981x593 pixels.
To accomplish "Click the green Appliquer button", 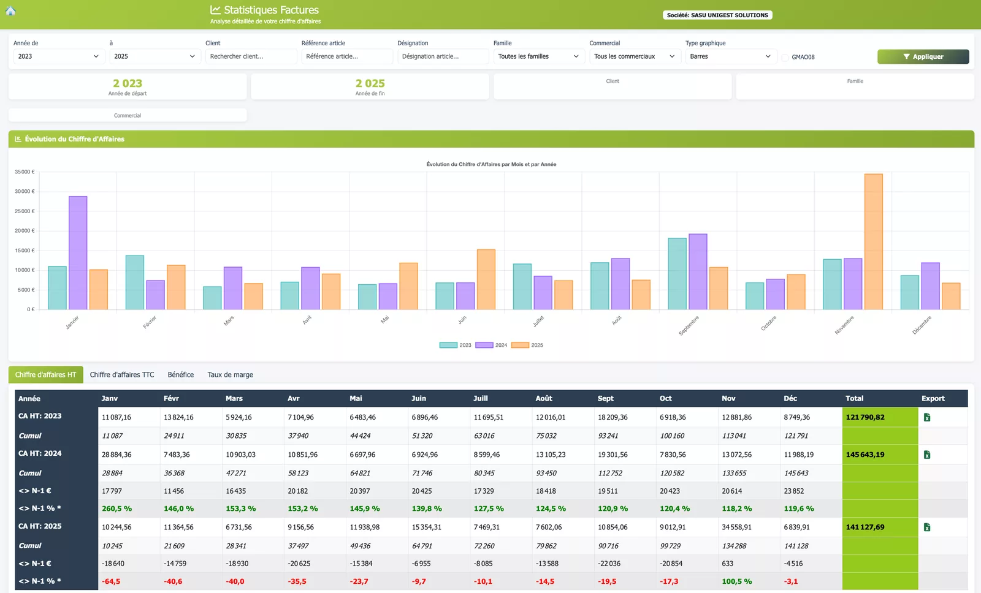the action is click(923, 56).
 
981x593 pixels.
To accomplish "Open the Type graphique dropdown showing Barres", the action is click(730, 56).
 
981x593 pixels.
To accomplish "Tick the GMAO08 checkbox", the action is click(785, 58).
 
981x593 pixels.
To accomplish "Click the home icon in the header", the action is click(10, 10).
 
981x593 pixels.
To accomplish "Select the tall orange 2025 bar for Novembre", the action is click(873, 241).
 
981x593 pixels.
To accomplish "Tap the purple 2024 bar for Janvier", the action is click(78, 253).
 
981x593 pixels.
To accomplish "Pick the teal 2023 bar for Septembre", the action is click(677, 274).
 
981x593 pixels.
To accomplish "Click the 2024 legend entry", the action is click(491, 345).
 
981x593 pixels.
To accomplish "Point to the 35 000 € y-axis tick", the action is click(25, 172).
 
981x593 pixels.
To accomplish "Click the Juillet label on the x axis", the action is click(538, 321).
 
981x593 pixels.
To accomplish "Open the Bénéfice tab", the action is click(180, 375).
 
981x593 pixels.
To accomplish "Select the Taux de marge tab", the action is click(230, 375).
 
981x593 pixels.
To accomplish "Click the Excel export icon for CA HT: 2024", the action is click(926, 455).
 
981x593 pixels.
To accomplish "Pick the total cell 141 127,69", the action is click(865, 527).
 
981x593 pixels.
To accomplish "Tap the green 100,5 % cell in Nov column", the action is click(736, 581).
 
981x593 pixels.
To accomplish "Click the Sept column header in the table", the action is click(605, 398).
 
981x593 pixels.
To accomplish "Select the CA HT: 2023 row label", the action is click(40, 416).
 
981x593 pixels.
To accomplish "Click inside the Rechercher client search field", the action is click(251, 56).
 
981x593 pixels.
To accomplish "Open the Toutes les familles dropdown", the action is click(538, 56).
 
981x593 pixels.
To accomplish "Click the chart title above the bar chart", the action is click(491, 164).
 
